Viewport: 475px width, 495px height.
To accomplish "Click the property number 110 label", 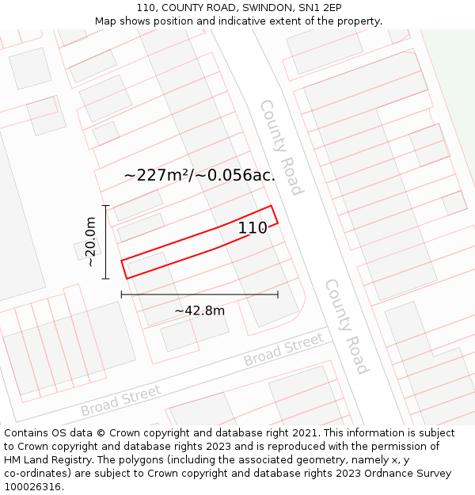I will pos(253,228).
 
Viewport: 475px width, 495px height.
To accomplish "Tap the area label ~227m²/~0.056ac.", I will pos(199,175).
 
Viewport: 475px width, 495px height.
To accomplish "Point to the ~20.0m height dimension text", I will pos(91,242).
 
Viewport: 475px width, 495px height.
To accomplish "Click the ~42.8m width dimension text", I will pos(199,310).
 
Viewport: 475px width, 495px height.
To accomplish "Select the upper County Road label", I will pos(281,147).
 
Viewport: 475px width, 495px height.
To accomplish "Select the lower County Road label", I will pos(347,326).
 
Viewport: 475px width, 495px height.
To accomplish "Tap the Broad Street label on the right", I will pos(283,349).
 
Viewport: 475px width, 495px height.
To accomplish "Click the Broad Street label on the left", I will pos(120,401).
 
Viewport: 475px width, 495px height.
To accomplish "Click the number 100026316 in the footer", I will pos(32,487).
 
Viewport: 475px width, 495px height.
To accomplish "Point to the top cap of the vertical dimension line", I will pos(105,205).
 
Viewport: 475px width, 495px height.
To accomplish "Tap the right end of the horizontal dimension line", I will pos(278,295).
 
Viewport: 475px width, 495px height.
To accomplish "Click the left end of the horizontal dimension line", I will pos(121,295).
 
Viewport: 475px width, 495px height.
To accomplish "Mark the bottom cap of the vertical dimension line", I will pos(105,279).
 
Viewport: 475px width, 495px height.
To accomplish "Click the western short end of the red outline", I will pos(124,269).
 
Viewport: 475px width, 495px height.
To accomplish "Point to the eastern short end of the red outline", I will pos(275,215).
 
